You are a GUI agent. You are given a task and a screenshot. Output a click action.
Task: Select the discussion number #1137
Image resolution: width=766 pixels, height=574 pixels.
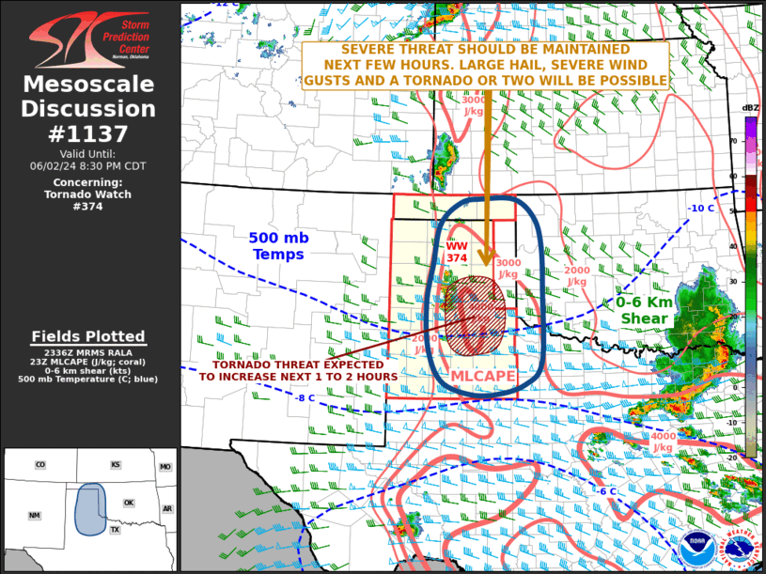pyautogui.click(x=89, y=133)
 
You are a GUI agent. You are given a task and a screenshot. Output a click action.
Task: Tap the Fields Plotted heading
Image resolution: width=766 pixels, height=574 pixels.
pyautogui.click(x=88, y=336)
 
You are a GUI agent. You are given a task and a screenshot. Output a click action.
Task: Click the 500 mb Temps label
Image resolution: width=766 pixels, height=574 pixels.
pyautogui.click(x=277, y=246)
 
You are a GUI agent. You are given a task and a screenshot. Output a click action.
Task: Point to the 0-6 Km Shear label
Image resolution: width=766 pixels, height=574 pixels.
pyautogui.click(x=645, y=310)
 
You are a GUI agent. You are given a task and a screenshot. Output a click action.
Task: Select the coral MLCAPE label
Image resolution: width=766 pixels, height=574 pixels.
pyautogui.click(x=483, y=376)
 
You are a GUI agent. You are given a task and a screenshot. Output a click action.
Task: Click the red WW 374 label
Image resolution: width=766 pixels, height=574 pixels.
pyautogui.click(x=457, y=252)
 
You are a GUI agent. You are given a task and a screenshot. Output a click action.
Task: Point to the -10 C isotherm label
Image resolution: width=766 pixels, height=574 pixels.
pyautogui.click(x=701, y=209)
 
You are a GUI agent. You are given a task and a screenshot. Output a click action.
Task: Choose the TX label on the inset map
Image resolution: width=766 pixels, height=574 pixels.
pyautogui.click(x=115, y=530)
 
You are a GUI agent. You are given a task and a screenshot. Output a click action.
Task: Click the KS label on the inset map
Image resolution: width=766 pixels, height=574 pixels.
pyautogui.click(x=116, y=465)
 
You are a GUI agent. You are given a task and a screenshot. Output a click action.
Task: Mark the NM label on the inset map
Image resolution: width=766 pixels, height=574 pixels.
pyautogui.click(x=34, y=516)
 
